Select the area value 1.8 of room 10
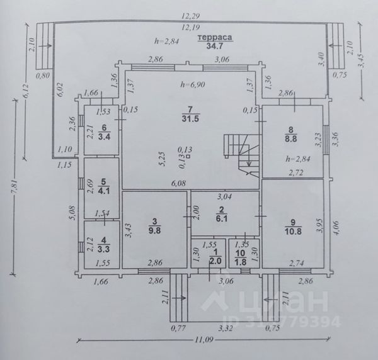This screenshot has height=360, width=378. (241, 261)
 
